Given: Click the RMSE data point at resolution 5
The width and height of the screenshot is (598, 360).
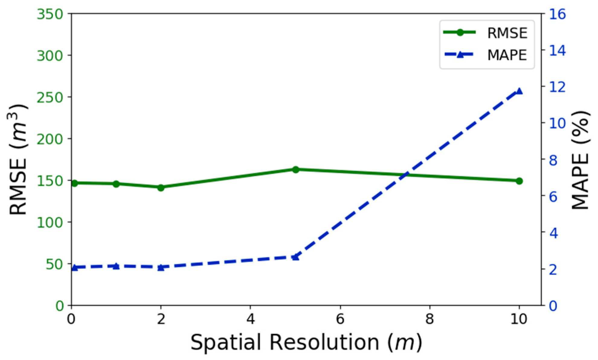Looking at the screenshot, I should click(296, 169).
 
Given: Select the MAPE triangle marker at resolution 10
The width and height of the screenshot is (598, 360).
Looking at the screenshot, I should click(519, 91).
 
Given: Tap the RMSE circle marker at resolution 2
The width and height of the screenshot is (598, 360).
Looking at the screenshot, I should click(161, 188).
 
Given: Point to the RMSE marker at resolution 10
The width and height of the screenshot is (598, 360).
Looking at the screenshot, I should click(519, 181).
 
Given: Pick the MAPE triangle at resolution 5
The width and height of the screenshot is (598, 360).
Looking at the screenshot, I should click(296, 257).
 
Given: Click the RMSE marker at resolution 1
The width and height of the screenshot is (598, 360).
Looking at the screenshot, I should click(116, 184).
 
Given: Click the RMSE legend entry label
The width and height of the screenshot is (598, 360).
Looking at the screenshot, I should click(507, 33).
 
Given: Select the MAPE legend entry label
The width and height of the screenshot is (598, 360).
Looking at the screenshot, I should click(507, 55).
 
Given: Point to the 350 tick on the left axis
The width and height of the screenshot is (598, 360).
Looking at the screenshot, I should click(50, 14).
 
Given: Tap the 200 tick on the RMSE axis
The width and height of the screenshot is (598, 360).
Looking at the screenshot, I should click(50, 139).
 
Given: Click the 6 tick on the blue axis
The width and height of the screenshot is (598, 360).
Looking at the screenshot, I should click(553, 197).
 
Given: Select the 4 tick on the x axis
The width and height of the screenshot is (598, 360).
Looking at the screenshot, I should click(250, 319).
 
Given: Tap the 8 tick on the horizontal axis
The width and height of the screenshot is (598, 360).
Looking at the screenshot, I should click(430, 319).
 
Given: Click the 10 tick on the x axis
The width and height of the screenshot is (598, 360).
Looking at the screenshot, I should click(519, 319).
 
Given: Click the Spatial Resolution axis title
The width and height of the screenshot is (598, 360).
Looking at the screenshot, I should click(306, 342).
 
